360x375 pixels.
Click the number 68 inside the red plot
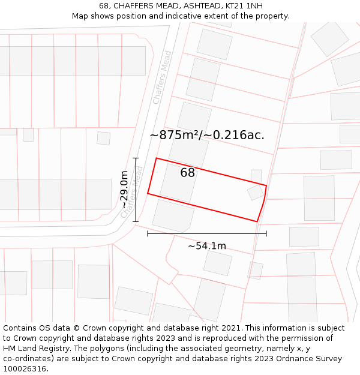tap(188, 173)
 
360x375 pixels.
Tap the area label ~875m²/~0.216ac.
tap(207, 135)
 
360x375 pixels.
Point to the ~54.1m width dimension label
tap(207, 246)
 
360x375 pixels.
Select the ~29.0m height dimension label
tap(124, 190)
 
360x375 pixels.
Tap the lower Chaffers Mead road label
tap(131, 192)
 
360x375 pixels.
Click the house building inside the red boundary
tap(178, 182)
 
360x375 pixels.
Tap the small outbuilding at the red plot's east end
tap(256, 192)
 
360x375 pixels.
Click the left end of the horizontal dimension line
tap(148, 234)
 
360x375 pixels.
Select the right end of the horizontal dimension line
tap(266, 234)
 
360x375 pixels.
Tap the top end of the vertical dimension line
tap(136, 158)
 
